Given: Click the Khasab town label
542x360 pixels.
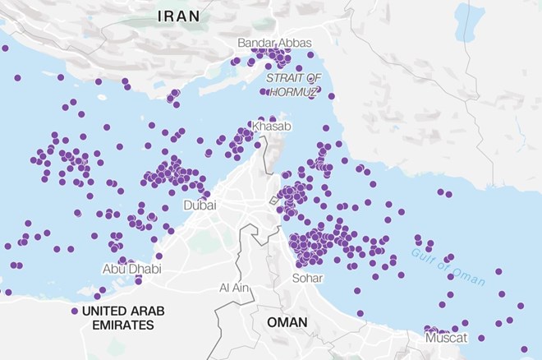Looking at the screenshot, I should point(270,127).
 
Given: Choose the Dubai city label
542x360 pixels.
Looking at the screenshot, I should point(200,205).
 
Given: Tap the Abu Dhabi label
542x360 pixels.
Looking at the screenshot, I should point(131,269).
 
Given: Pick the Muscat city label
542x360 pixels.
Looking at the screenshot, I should point(447,338).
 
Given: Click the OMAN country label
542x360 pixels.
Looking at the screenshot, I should point(287,322).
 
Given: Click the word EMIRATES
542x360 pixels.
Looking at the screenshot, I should point(117,325).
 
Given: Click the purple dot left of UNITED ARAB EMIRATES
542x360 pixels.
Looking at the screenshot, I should point(74,312).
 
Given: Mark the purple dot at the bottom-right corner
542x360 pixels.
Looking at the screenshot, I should point(524,349).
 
